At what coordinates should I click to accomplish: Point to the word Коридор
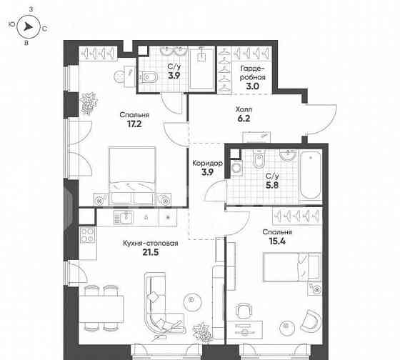click(207, 164)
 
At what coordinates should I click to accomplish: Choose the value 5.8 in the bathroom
click(272, 186)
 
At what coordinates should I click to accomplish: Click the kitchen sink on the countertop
click(126, 216)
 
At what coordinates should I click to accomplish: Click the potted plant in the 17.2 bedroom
click(89, 104)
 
